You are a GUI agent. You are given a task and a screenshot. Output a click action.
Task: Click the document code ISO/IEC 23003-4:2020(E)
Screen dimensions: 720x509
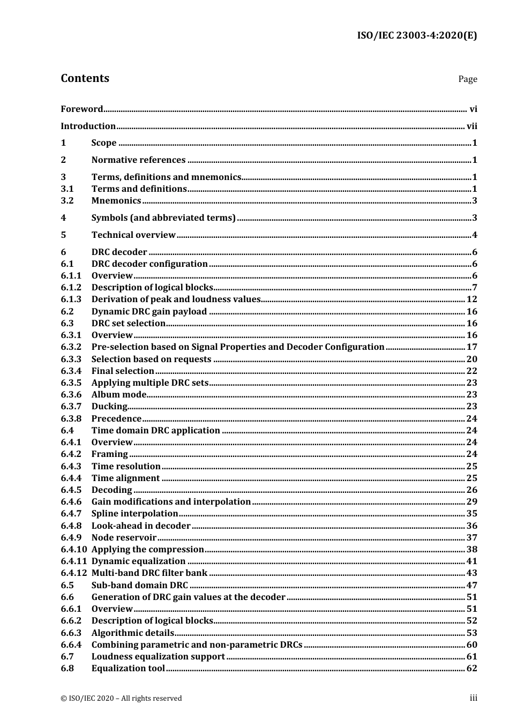click(x=416, y=36)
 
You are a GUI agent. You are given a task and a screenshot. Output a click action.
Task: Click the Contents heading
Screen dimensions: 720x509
click(x=85, y=78)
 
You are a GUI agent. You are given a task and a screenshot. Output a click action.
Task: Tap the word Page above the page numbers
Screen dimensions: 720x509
click(x=467, y=79)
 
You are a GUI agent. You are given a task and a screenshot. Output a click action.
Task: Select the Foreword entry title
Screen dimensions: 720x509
click(x=81, y=109)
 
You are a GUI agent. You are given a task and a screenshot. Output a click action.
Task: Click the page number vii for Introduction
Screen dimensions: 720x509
click(x=471, y=126)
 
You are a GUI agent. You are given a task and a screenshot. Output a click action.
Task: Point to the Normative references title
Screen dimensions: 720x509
click(x=138, y=160)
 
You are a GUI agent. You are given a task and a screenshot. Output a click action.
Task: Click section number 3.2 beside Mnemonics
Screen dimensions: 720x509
click(x=67, y=201)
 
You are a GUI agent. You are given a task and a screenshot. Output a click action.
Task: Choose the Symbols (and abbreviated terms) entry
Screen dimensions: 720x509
click(x=163, y=218)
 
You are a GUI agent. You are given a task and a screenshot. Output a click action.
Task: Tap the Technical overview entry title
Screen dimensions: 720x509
click(x=133, y=235)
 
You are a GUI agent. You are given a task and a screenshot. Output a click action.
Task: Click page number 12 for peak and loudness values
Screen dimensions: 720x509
click(x=471, y=299)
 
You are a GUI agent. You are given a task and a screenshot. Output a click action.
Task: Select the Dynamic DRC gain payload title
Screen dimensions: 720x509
click(x=149, y=312)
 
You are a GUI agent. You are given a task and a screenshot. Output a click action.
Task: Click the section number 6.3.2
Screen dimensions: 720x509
click(x=71, y=347)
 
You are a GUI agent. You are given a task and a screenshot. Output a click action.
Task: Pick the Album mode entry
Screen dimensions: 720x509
click(x=119, y=395)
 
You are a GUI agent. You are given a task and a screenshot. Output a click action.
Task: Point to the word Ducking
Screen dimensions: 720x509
click(x=109, y=407)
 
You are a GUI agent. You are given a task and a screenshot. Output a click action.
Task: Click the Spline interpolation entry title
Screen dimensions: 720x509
click(x=134, y=514)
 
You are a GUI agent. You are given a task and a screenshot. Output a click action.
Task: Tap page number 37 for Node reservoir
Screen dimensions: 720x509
click(x=471, y=538)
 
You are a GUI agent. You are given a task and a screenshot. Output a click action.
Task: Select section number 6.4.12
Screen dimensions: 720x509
click(x=73, y=573)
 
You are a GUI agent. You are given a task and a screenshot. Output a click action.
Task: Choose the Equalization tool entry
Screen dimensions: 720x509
click(x=128, y=669)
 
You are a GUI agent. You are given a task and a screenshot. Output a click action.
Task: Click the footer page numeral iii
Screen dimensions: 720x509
click(x=473, y=698)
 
